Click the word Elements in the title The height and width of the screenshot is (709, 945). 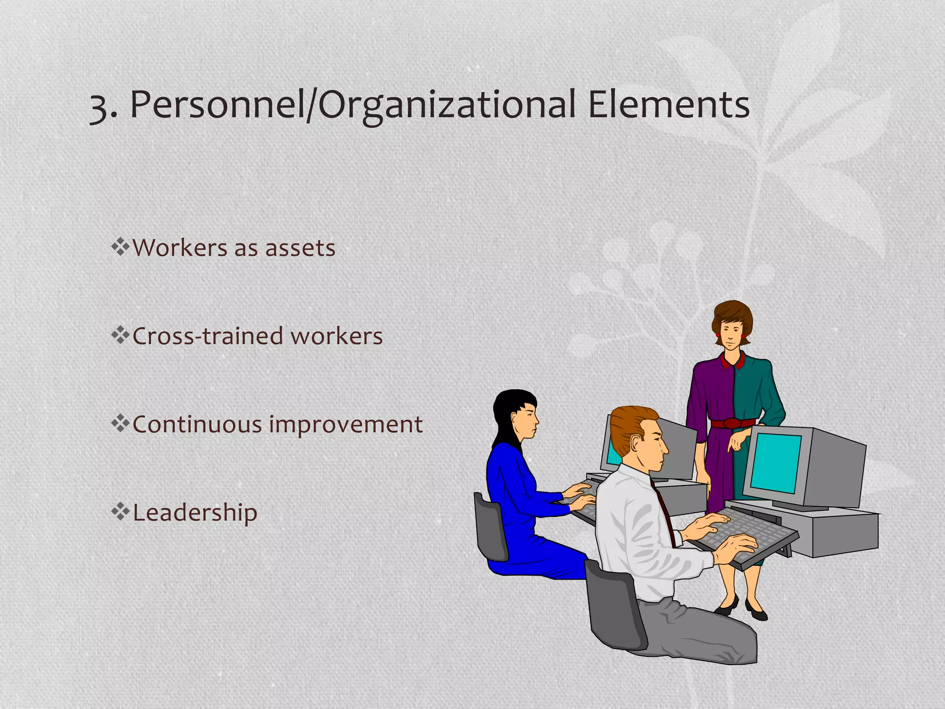tap(669, 105)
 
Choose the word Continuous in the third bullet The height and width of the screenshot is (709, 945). tap(197, 424)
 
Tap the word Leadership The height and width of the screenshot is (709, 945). tap(195, 513)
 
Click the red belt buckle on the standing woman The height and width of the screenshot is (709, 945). tap(732, 423)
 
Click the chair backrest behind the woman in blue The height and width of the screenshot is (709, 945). tap(490, 526)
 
